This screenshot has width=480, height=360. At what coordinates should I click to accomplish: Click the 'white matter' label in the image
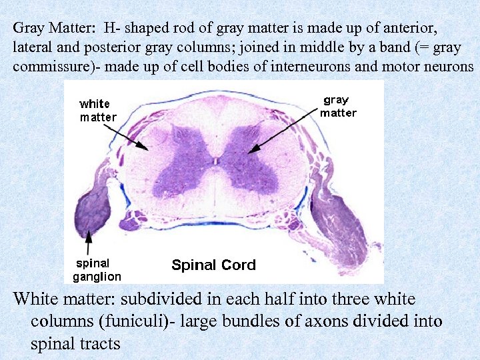97,110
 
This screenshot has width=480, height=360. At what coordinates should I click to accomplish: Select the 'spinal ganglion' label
97,269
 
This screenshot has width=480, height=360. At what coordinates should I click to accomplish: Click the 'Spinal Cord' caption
213,265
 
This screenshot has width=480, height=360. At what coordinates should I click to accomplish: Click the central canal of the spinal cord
216,160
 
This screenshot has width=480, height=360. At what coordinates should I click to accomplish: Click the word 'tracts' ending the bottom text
99,344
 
